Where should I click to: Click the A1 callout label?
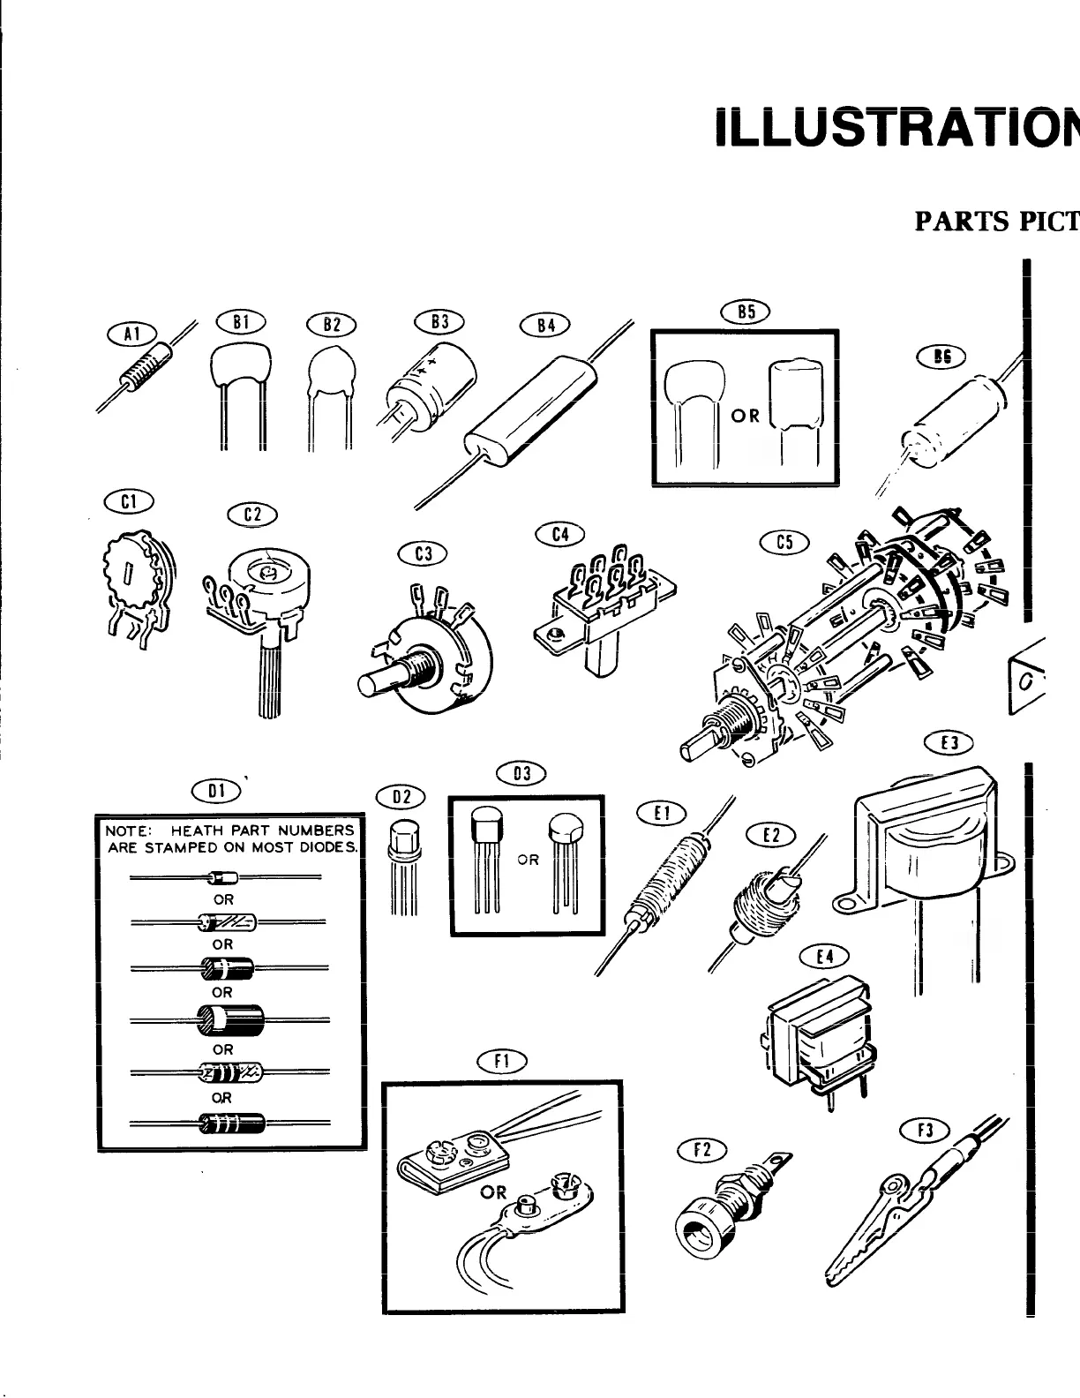131,333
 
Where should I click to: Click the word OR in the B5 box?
746,415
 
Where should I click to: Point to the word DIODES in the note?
326,848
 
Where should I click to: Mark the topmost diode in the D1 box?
226,877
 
